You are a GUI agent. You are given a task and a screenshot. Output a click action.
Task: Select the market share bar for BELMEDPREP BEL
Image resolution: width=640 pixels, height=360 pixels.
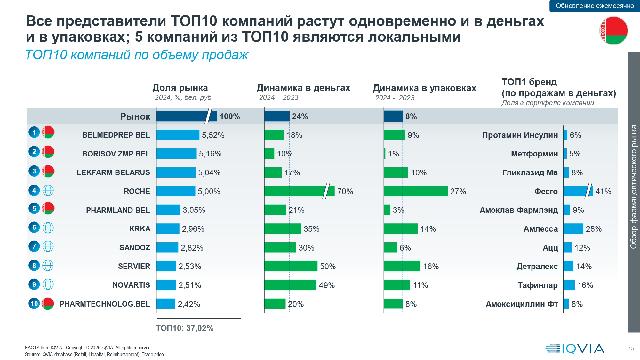[x=178, y=135]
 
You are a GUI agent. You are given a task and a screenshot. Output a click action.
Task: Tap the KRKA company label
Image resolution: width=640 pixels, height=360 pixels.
[x=140, y=229]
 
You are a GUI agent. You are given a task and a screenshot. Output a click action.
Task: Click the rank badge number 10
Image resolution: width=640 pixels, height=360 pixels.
[x=34, y=303]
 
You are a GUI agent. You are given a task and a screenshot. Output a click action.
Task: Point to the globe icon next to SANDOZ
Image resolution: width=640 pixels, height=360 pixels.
[x=48, y=246]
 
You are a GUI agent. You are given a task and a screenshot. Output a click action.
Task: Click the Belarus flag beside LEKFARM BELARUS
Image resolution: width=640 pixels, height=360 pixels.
[x=48, y=171]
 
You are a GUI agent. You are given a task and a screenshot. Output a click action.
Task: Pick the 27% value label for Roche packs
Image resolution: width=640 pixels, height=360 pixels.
[x=458, y=191]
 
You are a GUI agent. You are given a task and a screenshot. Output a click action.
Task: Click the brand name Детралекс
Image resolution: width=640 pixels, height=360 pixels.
[x=537, y=266]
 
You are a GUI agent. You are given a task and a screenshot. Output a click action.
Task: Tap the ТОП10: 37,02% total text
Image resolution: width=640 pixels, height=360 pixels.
[x=185, y=328]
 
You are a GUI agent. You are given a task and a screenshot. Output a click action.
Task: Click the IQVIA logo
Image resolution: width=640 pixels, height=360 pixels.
[x=575, y=348]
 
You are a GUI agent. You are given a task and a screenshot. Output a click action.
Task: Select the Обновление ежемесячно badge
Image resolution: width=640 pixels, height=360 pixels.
[x=595, y=6]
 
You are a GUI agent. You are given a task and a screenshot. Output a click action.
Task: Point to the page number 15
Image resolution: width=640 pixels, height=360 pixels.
[x=631, y=348]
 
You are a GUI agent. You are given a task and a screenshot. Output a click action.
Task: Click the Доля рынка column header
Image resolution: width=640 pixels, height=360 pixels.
[x=180, y=88]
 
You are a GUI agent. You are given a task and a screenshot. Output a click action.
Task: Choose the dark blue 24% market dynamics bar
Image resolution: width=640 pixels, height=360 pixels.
[x=277, y=116]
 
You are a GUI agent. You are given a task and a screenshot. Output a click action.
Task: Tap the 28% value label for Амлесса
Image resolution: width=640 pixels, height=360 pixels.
[x=594, y=229]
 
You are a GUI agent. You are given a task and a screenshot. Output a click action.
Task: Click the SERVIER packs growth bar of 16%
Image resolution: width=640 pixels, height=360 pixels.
[x=402, y=266]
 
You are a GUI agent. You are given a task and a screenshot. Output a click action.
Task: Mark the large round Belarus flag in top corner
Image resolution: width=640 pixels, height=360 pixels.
[x=613, y=31]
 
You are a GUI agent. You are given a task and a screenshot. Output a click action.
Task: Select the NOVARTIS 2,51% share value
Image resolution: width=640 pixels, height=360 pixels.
[x=190, y=285]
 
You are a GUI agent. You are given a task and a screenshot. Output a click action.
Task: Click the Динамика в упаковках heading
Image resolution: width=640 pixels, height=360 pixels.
[x=425, y=88]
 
